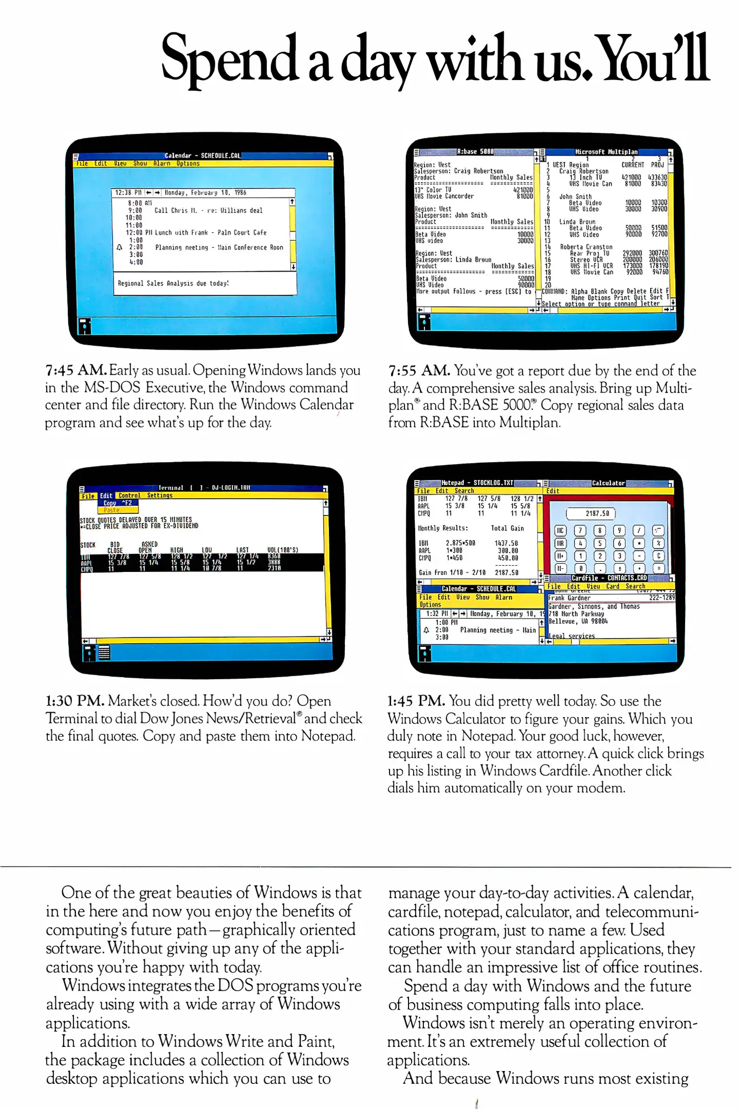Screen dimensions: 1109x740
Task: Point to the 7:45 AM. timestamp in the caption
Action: tap(76, 370)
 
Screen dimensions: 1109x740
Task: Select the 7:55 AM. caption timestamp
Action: tap(419, 371)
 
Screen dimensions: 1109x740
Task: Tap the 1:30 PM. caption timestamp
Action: tap(75, 701)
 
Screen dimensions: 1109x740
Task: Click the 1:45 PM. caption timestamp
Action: tap(416, 701)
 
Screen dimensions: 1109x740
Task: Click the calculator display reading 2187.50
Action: tap(590, 513)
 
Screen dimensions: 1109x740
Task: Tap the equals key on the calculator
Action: tap(659, 568)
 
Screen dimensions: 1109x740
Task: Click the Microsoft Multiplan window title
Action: tap(606, 152)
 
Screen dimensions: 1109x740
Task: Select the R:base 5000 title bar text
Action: tap(475, 152)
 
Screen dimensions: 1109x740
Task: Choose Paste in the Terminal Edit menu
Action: tap(112, 510)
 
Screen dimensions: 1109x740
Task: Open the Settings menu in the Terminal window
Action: tap(160, 495)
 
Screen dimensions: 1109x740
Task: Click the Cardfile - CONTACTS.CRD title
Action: tap(609, 578)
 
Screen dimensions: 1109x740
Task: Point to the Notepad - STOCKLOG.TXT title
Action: tap(477, 483)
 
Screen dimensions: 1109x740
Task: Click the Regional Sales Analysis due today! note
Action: tap(173, 283)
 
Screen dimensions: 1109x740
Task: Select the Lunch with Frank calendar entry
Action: tap(211, 233)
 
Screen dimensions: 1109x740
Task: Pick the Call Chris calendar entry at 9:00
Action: tap(208, 211)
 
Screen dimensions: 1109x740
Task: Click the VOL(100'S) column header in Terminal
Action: tap(283, 550)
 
